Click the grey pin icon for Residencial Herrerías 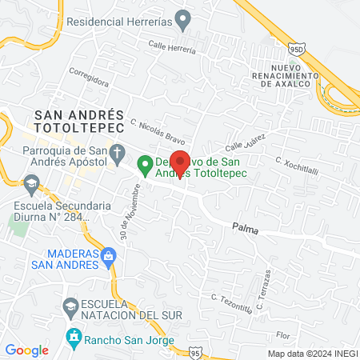[183, 18]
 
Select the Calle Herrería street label [173, 47]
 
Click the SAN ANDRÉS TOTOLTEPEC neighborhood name [78, 121]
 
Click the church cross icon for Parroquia [118, 152]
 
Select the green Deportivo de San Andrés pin [145, 165]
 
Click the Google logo [26, 350]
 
